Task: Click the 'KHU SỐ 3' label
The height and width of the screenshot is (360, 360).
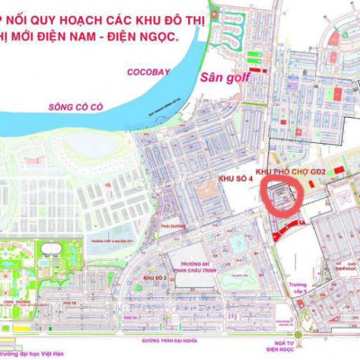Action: tap(154, 279)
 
